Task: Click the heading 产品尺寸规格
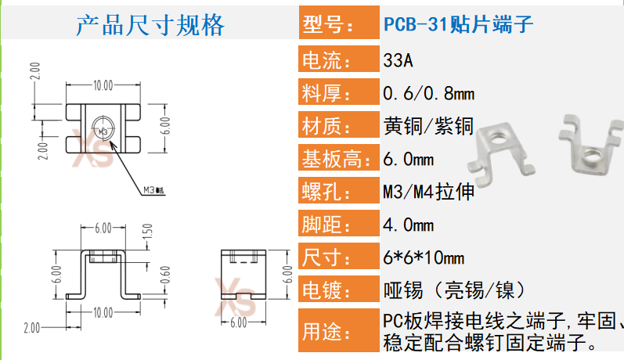pyautogui.click(x=150, y=25)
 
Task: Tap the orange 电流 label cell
pyautogui.click(x=337, y=59)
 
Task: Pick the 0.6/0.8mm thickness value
pyautogui.click(x=428, y=94)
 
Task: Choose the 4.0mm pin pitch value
pyautogui.click(x=408, y=226)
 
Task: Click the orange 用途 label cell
pyautogui.click(x=337, y=332)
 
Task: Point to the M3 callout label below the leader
pyautogui.click(x=153, y=189)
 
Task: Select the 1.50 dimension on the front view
pyautogui.click(x=145, y=232)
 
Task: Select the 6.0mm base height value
pyautogui.click(x=408, y=160)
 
